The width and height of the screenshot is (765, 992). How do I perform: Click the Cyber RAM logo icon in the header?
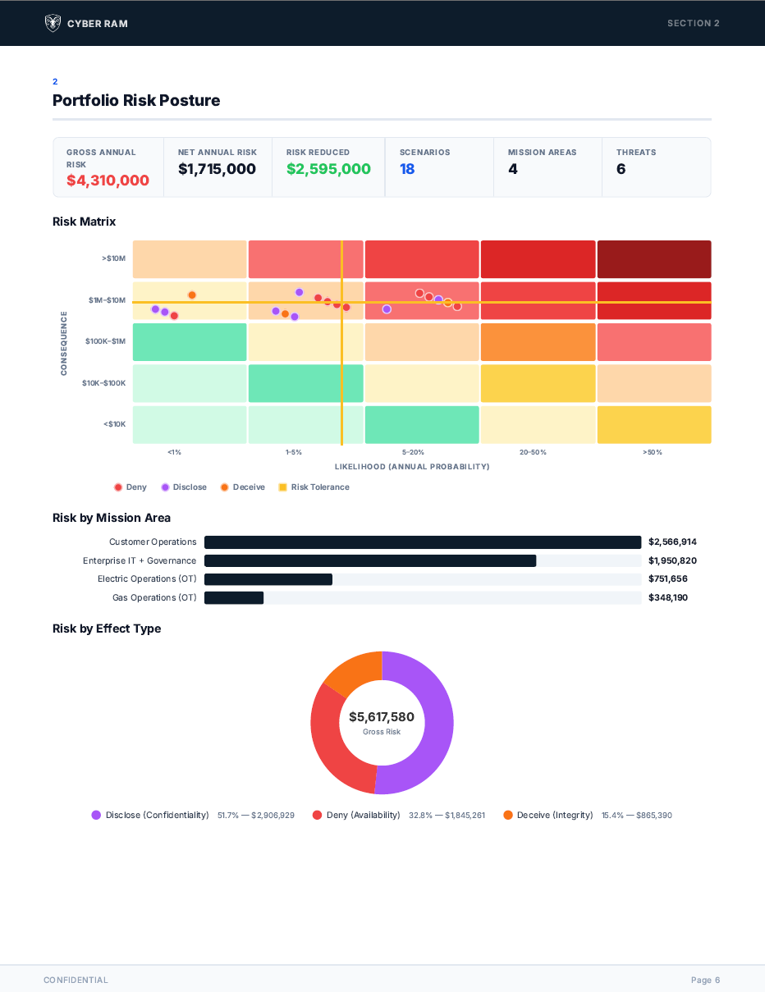pyautogui.click(x=53, y=23)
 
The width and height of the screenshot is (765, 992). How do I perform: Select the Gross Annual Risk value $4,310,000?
pyautogui.click(x=108, y=181)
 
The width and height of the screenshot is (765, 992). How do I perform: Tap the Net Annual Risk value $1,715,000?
pyautogui.click(x=217, y=169)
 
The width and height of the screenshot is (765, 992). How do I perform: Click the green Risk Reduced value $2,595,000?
pyautogui.click(x=328, y=169)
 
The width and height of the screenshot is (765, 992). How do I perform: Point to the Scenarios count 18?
pyautogui.click(x=407, y=169)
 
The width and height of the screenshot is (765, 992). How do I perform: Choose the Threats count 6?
pyautogui.click(x=621, y=169)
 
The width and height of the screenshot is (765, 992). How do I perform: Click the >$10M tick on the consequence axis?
pyautogui.click(x=114, y=258)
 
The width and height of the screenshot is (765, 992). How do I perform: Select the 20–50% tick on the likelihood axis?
pyautogui.click(x=533, y=452)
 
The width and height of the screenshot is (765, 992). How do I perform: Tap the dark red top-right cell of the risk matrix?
pyautogui.click(x=653, y=259)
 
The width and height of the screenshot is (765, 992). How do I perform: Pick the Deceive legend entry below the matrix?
pyautogui.click(x=243, y=487)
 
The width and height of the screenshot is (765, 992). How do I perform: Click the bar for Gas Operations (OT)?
pyautogui.click(x=234, y=597)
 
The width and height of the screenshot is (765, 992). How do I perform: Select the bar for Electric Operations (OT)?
pyautogui.click(x=268, y=579)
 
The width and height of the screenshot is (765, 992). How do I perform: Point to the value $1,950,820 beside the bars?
pyautogui.click(x=672, y=560)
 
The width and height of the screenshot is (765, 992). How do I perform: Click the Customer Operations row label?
pyautogui.click(x=153, y=542)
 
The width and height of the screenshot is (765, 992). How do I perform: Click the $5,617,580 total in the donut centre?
pyautogui.click(x=382, y=717)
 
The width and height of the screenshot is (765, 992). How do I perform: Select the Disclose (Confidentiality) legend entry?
pyautogui.click(x=151, y=815)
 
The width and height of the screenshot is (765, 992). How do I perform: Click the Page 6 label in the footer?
pyautogui.click(x=705, y=980)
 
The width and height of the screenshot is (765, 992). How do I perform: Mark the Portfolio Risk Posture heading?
pyautogui.click(x=136, y=100)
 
